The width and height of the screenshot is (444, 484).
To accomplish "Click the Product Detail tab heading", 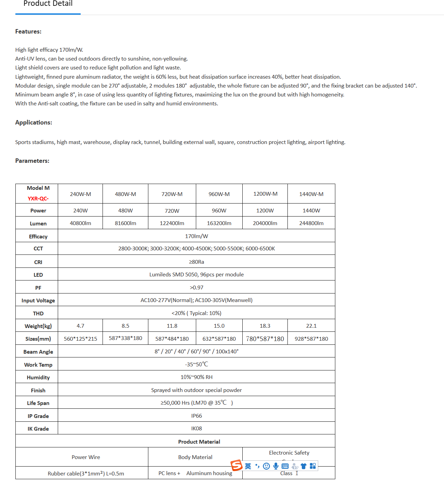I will click(x=48, y=4).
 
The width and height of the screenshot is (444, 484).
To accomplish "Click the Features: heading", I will click(x=28, y=31).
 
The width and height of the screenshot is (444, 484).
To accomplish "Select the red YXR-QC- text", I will click(x=38, y=198).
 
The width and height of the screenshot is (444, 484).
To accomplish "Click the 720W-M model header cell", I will click(x=172, y=194).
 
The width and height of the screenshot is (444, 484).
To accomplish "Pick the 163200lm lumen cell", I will click(x=219, y=223).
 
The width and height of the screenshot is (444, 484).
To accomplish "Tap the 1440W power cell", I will click(x=311, y=210).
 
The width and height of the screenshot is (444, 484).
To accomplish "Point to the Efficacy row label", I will click(x=38, y=236).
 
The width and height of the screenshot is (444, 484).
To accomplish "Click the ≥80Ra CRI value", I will click(x=197, y=262).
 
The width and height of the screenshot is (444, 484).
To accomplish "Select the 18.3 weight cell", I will click(x=265, y=326).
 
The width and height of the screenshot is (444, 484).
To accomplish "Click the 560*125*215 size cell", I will click(x=80, y=339).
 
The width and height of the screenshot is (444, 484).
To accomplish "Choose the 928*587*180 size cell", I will click(x=311, y=339).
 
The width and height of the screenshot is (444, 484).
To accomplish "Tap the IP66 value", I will click(x=197, y=416).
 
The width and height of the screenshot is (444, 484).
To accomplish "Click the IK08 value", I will click(x=197, y=428).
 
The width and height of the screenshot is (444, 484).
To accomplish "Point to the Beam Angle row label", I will click(x=38, y=352).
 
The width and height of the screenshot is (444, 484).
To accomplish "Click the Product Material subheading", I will click(x=199, y=442).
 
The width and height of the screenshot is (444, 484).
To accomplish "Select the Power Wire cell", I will click(x=86, y=457).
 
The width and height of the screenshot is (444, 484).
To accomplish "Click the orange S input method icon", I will click(x=237, y=465).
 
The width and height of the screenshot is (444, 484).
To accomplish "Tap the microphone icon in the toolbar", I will click(x=276, y=466).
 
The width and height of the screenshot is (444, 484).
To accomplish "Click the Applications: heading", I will click(x=33, y=122).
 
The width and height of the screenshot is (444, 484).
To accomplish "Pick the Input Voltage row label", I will click(x=38, y=300).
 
